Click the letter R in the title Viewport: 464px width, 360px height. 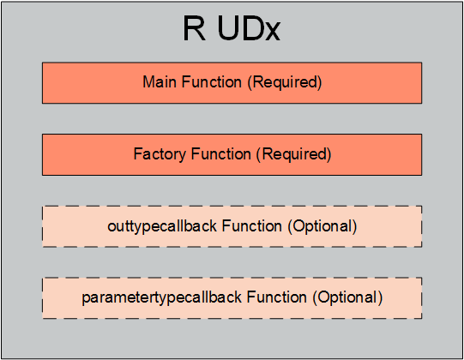(194, 28)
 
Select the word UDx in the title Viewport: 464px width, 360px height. (249, 28)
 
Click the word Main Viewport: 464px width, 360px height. (160, 81)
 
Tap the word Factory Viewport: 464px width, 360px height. (160, 154)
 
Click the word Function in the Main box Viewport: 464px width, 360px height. (211, 81)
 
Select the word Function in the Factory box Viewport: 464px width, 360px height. (220, 154)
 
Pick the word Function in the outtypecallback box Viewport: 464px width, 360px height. (252, 226)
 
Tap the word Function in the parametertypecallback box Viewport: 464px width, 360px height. (277, 297)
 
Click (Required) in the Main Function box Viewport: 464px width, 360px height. (285, 82)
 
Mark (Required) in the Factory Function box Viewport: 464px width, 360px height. (294, 154)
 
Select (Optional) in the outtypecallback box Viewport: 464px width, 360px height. (322, 227)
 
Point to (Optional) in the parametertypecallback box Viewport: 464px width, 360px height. (347, 298)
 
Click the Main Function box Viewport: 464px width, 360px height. (232, 83)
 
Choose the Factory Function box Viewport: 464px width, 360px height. (232, 154)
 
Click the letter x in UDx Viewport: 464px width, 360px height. (272, 32)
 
